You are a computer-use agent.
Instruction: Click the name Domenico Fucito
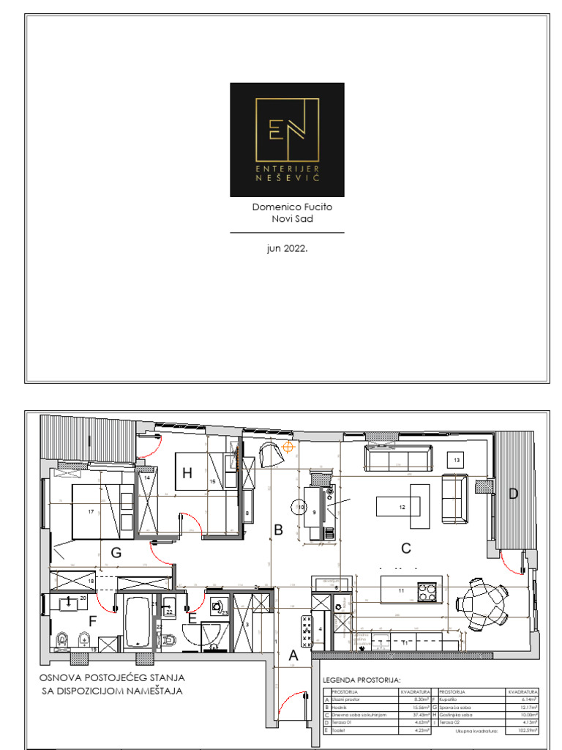pos(292,207)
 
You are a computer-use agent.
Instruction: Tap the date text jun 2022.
pos(287,249)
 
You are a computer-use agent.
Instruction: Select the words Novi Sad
pos(293,219)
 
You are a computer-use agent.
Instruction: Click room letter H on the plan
pos(187,473)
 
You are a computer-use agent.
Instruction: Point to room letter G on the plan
pos(116,554)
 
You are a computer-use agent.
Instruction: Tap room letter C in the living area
pos(406,547)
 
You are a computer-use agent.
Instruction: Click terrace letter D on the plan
pos(513,494)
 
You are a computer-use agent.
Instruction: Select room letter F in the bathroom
pos(92,623)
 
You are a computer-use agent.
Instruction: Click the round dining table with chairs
pos(482,605)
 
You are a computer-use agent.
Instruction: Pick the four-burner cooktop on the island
pos(427,590)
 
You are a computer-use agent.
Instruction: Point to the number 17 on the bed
pos(91,511)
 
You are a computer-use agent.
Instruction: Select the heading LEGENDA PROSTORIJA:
pos(361,680)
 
